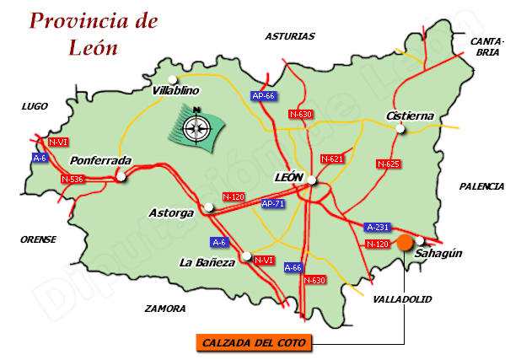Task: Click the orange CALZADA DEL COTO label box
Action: [254, 342]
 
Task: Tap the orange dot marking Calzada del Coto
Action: [405, 243]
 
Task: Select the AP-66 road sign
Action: [264, 96]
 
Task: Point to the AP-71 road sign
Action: [272, 204]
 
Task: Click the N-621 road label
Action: [332, 159]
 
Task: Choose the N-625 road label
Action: [388, 164]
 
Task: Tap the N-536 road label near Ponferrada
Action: [73, 179]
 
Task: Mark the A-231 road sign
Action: [378, 227]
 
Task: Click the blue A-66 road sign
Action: [293, 267]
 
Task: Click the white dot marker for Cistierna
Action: [400, 129]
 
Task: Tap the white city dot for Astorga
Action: [208, 207]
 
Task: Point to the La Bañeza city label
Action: [207, 262]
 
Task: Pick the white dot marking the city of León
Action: [311, 180]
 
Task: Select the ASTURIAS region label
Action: [289, 36]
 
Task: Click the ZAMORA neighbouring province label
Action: [164, 309]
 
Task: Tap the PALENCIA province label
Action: [481, 185]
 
